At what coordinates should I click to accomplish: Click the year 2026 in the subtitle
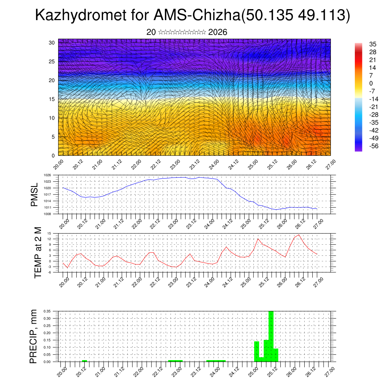pos(218,32)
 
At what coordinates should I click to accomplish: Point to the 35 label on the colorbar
pos(373,44)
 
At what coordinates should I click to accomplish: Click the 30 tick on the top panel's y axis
pos(52,43)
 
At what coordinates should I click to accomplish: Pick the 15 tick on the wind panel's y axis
pos(52,99)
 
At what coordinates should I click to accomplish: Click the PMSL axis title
pos(34,194)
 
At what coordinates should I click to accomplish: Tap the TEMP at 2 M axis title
pos(38,252)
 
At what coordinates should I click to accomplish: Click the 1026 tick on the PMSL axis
pos(47,175)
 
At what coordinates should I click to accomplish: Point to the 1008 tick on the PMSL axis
pos(47,214)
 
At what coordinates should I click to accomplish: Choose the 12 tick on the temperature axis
pos(49,239)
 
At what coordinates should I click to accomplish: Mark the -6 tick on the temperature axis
pos(49,272)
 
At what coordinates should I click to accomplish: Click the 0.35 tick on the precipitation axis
pos(47,311)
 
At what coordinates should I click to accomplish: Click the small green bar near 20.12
pos(84,361)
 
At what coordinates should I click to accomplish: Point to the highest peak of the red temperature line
pos(299,235)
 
